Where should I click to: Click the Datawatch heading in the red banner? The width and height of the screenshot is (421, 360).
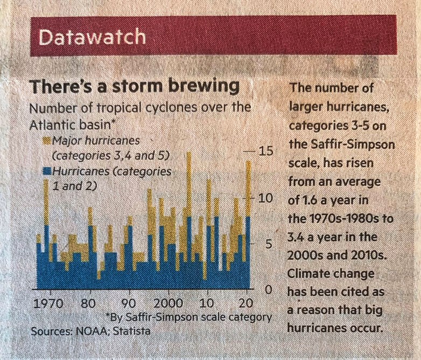(93, 37)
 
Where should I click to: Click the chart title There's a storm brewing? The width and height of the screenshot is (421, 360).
(134, 86)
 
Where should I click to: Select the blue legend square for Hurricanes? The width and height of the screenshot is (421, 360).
(46, 172)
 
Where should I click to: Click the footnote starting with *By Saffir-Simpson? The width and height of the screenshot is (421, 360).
(189, 316)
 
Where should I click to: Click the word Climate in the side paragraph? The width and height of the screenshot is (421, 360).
(308, 273)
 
